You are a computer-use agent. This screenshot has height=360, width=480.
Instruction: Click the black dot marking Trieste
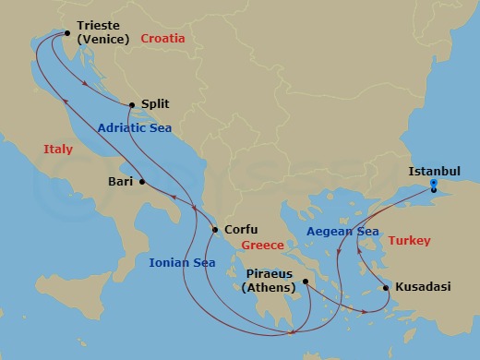point(66,35)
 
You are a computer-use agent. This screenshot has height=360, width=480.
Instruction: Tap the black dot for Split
point(132,105)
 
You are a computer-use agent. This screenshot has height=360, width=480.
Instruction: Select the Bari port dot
point(142,182)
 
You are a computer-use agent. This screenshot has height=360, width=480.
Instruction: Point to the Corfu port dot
point(214,230)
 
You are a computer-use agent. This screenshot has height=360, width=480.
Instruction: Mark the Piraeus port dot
point(302,283)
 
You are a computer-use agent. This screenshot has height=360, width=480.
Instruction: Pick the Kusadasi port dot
point(385,288)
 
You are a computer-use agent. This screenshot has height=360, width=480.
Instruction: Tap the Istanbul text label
point(433,171)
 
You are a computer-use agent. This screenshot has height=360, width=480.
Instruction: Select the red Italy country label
point(58,150)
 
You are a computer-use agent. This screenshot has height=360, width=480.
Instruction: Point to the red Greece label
point(262,246)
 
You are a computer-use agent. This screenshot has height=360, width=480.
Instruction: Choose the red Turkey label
point(409,240)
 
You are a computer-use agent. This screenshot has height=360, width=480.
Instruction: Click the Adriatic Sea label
point(136,128)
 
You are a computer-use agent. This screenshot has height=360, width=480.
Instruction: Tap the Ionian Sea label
point(182,263)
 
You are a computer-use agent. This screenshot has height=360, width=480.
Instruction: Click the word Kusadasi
point(423,288)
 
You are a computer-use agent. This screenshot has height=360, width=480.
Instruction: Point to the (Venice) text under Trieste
point(103,41)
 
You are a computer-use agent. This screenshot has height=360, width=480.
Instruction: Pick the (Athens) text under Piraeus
point(269,288)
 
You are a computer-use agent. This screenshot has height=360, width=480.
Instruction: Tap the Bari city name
point(120,182)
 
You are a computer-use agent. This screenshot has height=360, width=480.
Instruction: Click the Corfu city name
point(240,230)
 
